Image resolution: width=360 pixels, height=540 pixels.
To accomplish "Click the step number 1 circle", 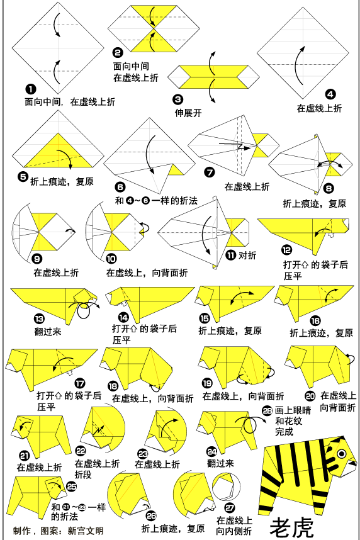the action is point(31,89).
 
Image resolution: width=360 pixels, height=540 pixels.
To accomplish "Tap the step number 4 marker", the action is point(330,94).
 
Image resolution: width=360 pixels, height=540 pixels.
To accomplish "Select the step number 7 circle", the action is point(210,172).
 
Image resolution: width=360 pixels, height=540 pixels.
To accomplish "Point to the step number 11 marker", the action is point(231,255).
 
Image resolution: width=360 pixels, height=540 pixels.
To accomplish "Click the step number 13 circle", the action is point(39,318).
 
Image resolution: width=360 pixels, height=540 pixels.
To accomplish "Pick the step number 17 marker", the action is point(80,383).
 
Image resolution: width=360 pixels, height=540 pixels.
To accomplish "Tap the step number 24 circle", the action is point(212,451).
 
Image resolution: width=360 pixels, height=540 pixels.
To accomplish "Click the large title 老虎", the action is point(292,527).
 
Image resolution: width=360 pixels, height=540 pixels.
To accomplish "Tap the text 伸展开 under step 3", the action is point(188,113).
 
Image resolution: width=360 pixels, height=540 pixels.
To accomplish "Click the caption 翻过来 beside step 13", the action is point(48,332).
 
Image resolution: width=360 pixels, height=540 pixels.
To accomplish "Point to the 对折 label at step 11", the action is point(247,255).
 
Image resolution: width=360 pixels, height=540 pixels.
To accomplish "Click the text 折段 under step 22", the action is point(83,474).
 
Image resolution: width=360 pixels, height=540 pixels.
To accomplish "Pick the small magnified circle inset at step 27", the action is point(226,488).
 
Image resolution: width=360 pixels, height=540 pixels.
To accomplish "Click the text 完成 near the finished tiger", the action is point(284,431).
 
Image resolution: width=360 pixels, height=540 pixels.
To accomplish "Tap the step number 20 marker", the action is point(310,396).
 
